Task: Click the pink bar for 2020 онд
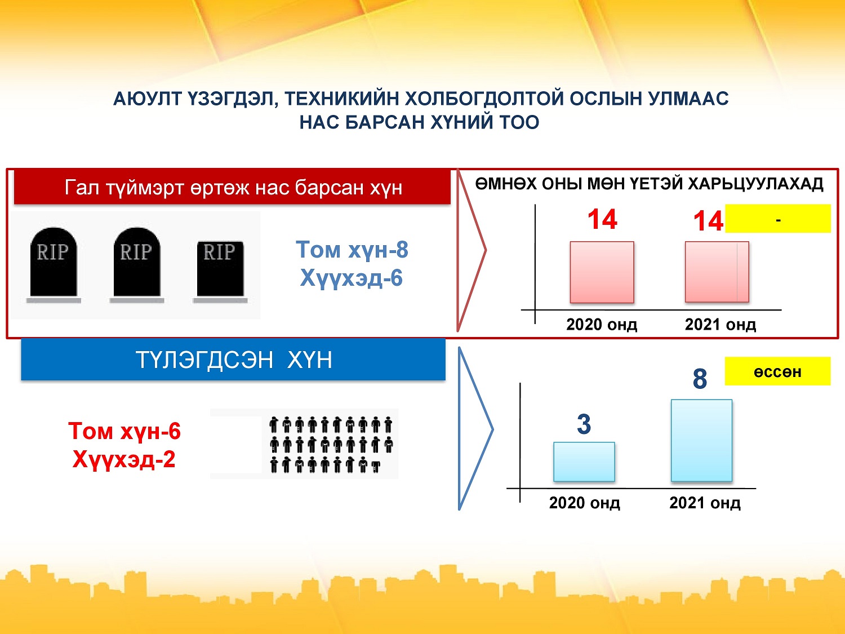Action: (602, 272)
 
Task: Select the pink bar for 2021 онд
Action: (717, 272)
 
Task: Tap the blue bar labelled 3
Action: (584, 462)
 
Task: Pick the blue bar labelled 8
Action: (701, 440)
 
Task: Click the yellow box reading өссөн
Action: (777, 371)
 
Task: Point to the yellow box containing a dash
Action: (777, 219)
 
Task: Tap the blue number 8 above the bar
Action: (700, 379)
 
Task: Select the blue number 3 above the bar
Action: (584, 424)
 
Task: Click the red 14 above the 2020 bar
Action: (602, 219)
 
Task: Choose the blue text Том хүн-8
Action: (352, 250)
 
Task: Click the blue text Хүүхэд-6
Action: (351, 278)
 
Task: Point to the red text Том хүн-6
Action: (124, 431)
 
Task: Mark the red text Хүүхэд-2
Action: (124, 459)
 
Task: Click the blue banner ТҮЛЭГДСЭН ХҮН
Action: (233, 360)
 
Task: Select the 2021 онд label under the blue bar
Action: (705, 503)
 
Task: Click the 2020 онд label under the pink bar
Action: (602, 325)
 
